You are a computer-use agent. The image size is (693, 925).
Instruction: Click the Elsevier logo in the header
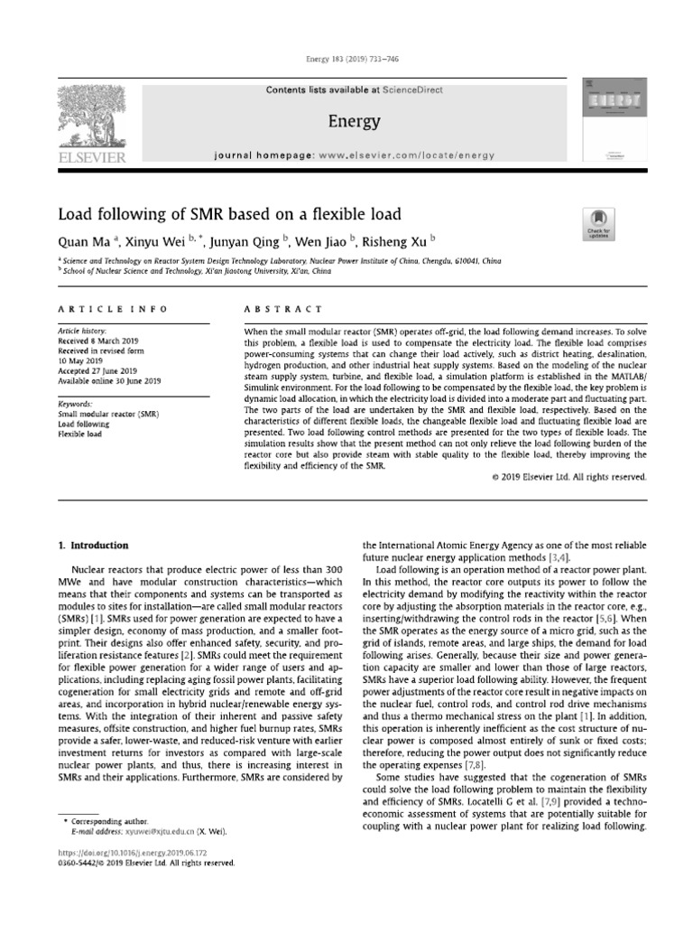pyautogui.click(x=88, y=122)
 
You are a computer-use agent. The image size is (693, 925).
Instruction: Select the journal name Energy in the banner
pyautogui.click(x=355, y=121)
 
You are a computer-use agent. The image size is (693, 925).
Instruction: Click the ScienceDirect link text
pyautogui.click(x=403, y=90)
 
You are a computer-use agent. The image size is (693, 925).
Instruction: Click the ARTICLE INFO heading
pyautogui.click(x=113, y=310)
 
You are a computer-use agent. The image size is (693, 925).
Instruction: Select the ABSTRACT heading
pyautogui.click(x=275, y=310)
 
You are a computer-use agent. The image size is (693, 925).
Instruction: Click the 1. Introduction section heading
pyautogui.click(x=93, y=546)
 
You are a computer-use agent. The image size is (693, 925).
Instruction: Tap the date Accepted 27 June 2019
pyautogui.click(x=97, y=370)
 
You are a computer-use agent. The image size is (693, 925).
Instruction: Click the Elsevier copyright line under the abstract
pyautogui.click(x=569, y=477)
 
